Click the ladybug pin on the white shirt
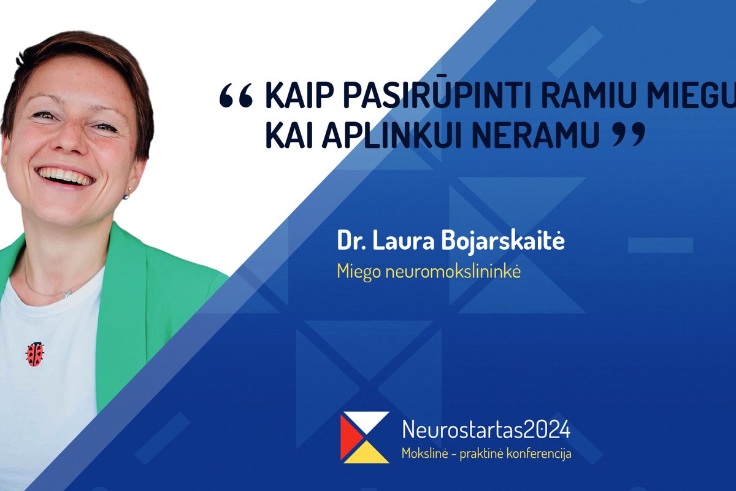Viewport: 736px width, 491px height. [34, 354]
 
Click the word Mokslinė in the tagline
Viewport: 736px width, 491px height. [423, 454]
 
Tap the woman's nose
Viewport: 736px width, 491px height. [69, 142]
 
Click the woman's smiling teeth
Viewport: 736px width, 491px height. [66, 176]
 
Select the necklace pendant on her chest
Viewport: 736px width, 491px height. [66, 294]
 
